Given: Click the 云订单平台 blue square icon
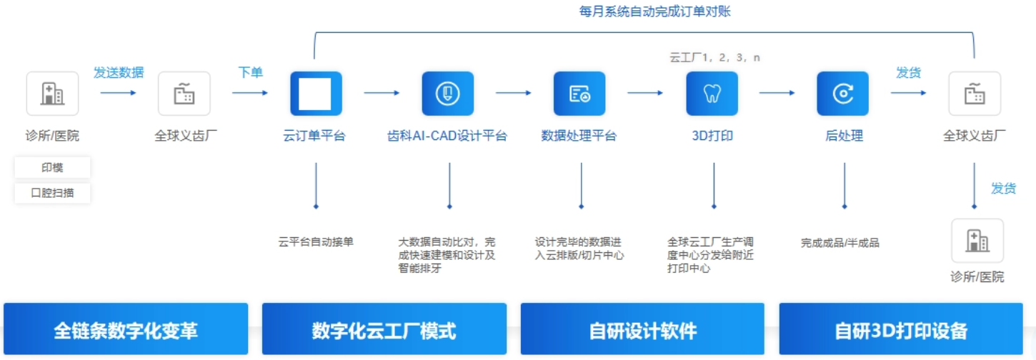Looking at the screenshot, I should click(315, 94).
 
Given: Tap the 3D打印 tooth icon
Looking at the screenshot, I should click(712, 94).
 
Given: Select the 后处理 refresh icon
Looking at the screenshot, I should click(843, 94).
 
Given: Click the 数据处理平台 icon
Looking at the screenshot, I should click(579, 94).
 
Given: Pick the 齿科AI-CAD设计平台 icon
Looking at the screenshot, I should click(447, 94).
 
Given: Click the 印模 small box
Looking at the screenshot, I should click(52, 168).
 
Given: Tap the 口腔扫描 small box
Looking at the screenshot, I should click(52, 193).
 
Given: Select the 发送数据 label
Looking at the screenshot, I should click(119, 72).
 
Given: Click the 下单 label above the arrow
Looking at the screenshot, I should click(250, 72).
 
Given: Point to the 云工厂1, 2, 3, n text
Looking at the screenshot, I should click(714, 57).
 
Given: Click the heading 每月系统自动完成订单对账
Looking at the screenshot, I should click(654, 11).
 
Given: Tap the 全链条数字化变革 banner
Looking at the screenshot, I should click(126, 330).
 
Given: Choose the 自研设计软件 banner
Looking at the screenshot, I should click(642, 330).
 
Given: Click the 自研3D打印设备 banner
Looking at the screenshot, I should click(900, 330).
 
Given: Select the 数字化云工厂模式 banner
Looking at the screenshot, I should click(384, 330).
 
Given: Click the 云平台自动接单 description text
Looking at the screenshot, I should click(316, 242).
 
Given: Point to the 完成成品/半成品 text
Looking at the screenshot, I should click(840, 243).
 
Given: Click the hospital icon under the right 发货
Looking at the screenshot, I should click(977, 241).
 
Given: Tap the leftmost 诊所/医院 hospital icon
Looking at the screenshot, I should click(52, 94).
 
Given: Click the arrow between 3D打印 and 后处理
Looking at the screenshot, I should click(777, 93).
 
